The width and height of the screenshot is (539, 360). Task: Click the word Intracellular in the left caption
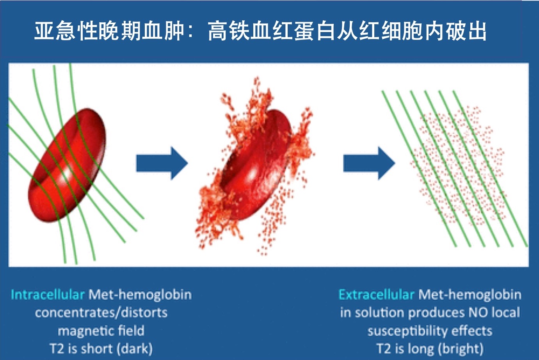point(47,294)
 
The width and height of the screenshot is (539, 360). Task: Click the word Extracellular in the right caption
point(376,294)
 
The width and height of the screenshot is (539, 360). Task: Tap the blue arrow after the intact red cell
point(162,163)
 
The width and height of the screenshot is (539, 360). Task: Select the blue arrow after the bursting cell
point(369,163)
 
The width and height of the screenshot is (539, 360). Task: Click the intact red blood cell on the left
point(68,166)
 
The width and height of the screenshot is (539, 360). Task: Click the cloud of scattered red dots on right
point(457,164)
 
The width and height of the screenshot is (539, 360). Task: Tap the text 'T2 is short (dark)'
point(101,348)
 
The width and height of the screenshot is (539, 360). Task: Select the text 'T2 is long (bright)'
point(430,348)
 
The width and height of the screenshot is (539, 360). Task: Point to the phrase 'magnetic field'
point(101,331)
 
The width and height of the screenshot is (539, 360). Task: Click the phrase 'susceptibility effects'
point(430,331)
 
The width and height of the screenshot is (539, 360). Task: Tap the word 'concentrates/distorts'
point(101,312)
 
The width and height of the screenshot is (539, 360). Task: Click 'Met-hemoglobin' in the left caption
point(140,294)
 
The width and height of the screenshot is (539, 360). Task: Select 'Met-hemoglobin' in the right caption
point(470,294)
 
